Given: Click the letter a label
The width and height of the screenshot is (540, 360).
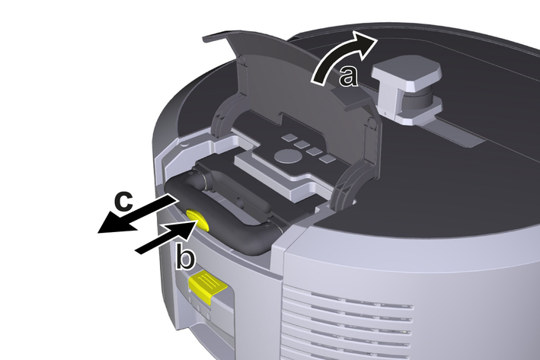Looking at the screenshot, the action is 348,76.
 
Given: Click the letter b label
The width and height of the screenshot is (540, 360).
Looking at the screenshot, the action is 185,256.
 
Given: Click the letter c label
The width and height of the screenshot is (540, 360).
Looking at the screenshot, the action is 124,202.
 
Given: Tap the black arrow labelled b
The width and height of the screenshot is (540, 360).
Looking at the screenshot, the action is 165,237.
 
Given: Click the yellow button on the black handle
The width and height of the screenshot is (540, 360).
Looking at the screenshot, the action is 198,220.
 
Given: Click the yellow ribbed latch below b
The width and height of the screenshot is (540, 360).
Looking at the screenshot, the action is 206,285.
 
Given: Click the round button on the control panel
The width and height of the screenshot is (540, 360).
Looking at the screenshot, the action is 288,156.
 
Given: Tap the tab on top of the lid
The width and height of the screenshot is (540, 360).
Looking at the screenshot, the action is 216,37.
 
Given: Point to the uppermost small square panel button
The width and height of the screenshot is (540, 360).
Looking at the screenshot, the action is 289,138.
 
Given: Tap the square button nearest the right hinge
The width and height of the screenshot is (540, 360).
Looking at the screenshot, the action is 328,158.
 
